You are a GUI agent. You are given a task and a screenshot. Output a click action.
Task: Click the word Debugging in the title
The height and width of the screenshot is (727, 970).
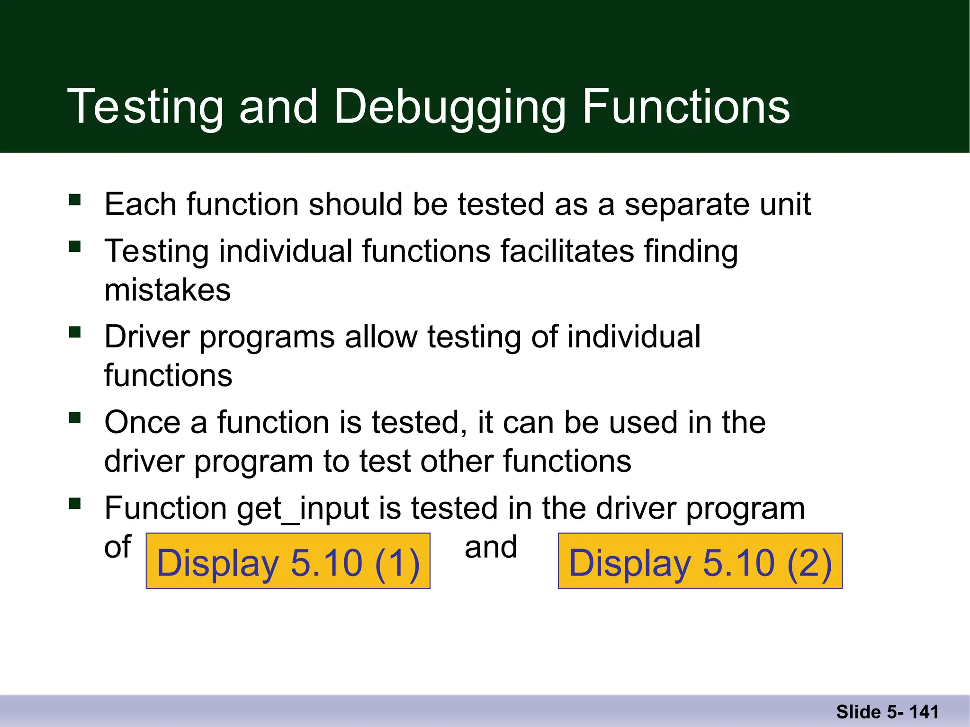coord(450,108)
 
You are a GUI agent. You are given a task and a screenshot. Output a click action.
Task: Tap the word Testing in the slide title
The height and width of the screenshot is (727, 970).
coord(145,108)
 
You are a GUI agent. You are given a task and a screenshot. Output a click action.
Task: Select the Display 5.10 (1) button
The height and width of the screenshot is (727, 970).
coord(288,561)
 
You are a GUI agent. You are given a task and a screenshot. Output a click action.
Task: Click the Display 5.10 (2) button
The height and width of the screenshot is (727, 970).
coord(700,561)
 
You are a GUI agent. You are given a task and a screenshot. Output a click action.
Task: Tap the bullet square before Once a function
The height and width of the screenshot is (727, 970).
coord(75,417)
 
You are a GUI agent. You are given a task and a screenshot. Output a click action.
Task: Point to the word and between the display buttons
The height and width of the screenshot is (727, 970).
coord(491,547)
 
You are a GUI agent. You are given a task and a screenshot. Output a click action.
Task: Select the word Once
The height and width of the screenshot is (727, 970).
coord(142,423)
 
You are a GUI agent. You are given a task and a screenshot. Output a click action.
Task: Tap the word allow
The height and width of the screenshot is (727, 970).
coord(381,337)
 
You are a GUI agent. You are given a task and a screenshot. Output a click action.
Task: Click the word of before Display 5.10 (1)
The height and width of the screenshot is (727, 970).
coord(117,547)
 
